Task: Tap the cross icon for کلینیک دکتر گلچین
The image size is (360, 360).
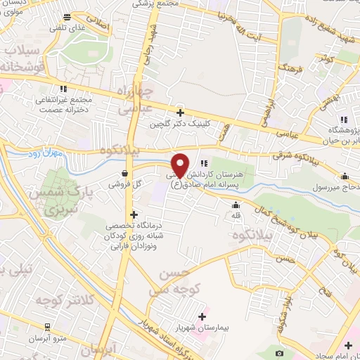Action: pyautogui.click(x=181, y=112)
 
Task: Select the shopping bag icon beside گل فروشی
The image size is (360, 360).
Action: pyautogui.click(x=124, y=173)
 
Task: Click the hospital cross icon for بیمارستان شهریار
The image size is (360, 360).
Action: pyautogui.click(x=204, y=316)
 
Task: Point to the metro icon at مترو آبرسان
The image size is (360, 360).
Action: pyautogui.click(x=47, y=327)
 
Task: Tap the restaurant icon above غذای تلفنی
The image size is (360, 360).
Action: pyautogui.click(x=66, y=15)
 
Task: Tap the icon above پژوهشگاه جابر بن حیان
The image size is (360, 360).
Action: pyautogui.click(x=344, y=119)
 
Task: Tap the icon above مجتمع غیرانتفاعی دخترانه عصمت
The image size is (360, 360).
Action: pyautogui.click(x=64, y=89)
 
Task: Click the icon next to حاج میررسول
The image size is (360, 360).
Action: pyautogui.click(x=345, y=177)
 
